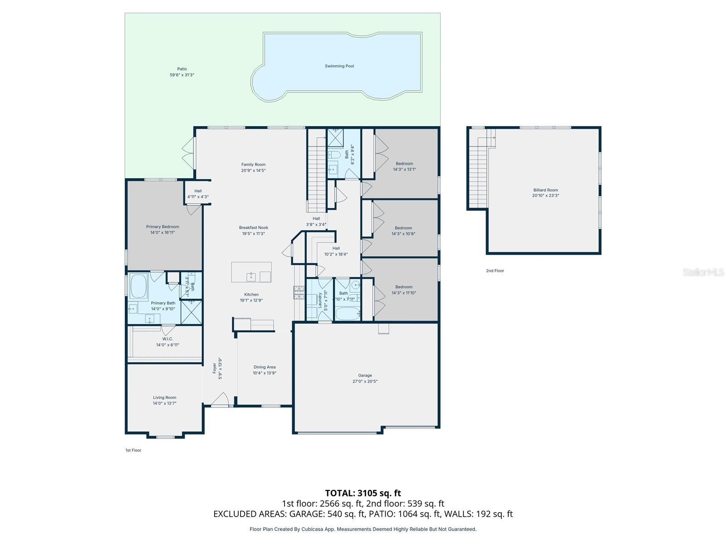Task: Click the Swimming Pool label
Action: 339,66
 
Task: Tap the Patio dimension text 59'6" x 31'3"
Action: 182,75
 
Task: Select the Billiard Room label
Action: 545,190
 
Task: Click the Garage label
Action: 365,375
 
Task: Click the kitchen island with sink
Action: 251,272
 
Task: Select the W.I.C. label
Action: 167,339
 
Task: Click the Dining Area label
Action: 265,367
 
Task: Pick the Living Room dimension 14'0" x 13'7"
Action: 165,403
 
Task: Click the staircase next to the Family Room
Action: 317,172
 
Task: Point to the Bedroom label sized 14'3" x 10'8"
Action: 403,228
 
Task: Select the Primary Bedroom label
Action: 162,227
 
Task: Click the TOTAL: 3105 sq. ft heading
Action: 363,493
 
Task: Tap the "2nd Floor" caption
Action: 495,271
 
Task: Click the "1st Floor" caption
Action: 133,450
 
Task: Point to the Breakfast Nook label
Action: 254,228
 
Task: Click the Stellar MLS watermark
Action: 703,272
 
